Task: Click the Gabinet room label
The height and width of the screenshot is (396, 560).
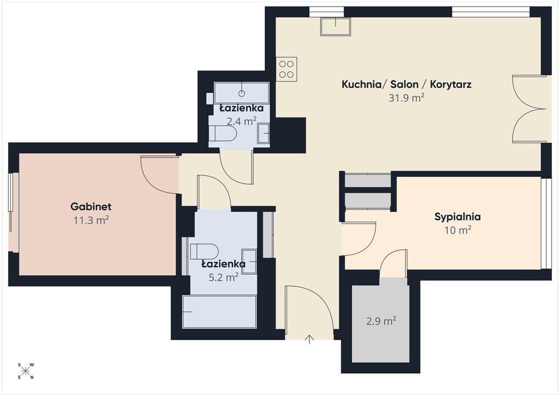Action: coord(91,206)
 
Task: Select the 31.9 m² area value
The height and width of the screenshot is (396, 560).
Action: coord(406,98)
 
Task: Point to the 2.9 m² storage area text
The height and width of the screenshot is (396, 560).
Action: coord(381,321)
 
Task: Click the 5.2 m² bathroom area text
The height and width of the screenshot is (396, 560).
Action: coord(224,277)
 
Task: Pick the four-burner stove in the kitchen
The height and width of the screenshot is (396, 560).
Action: coord(287,69)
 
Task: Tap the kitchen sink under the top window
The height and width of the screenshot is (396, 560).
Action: coord(335,26)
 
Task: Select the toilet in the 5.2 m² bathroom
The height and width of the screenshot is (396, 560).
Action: coord(204,252)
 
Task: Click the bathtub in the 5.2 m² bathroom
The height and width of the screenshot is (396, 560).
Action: coord(219,311)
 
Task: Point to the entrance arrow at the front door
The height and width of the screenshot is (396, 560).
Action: coord(310,339)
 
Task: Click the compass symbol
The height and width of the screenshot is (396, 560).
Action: coord(25,371)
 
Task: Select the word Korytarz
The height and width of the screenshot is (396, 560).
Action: coord(451,85)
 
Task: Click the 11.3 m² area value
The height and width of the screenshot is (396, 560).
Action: coord(91,220)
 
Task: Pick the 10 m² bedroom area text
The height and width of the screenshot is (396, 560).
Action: coord(458,230)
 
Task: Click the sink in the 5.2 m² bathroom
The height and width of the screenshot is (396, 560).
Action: coord(249,261)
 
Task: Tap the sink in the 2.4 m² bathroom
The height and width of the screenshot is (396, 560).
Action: coord(264,133)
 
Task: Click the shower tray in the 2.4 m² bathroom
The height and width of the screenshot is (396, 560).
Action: coord(241,93)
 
